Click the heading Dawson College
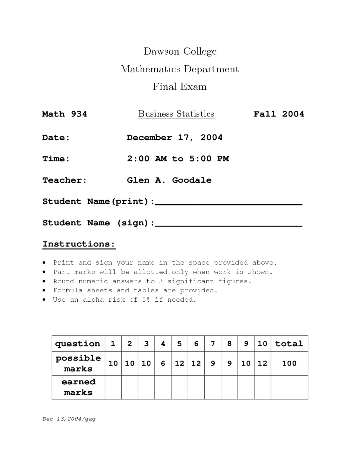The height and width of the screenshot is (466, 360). tap(180, 51)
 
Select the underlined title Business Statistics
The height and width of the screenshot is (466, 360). tap(176, 114)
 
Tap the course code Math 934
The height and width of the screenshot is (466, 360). tap(64, 114)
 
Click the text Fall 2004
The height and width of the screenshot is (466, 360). tap(278, 114)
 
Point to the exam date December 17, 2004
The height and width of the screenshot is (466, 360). tap(174, 138)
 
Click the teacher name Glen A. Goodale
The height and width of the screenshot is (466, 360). tap(169, 180)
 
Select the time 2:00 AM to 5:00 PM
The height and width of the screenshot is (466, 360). tap(178, 159)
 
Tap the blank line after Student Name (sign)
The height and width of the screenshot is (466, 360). tap(228, 225)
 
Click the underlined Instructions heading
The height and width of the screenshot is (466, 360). tap(79, 244)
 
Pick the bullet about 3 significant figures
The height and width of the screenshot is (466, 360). tap(152, 281)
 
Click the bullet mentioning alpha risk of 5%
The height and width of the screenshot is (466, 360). tap(124, 300)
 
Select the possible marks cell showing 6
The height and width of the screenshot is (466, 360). tap(163, 363)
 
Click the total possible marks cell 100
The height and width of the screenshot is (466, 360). tap(289, 363)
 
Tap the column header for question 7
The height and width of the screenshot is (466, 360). tap(213, 344)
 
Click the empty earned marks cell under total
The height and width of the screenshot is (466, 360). tap(289, 387)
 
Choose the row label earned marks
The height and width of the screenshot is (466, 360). tap(78, 387)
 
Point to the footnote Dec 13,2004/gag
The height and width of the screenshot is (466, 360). tap(69, 419)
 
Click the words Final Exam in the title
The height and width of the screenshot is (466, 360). tap(179, 86)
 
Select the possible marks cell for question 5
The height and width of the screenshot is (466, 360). tap(179, 363)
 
